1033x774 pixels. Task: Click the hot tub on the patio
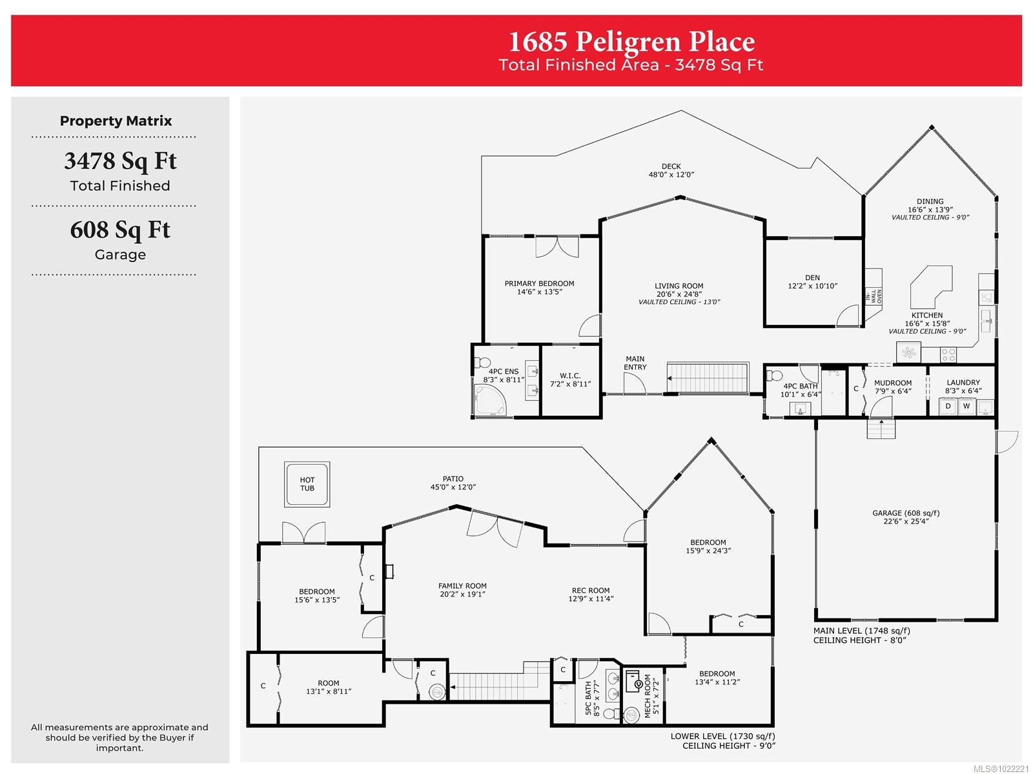click(x=307, y=484)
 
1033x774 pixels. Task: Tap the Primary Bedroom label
click(x=539, y=284)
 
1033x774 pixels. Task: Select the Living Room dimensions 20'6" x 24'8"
click(x=679, y=294)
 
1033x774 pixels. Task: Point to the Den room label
click(x=812, y=278)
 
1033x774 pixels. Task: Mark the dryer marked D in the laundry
click(x=948, y=406)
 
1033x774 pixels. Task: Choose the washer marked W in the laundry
click(x=966, y=406)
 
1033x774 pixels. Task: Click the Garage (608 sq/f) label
click(x=905, y=513)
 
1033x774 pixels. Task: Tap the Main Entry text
click(x=635, y=363)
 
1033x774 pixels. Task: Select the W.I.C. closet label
click(x=570, y=376)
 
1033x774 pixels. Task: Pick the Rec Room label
click(x=591, y=590)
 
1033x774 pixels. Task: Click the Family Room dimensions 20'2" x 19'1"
click(x=463, y=594)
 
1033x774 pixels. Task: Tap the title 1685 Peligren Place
click(x=631, y=41)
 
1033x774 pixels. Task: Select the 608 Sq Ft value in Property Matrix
click(x=120, y=230)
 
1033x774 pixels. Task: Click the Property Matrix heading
click(x=116, y=121)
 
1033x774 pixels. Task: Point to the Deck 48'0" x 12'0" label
click(x=671, y=170)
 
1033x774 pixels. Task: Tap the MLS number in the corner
click(x=1001, y=768)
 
